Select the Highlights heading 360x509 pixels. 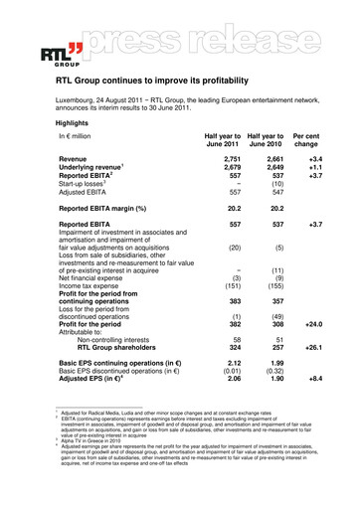pos(79,126)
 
